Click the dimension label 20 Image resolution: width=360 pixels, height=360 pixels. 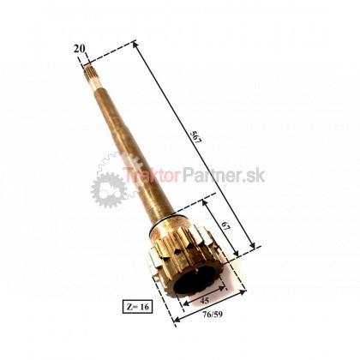[x=79, y=49]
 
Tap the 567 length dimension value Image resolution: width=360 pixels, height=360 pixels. [x=197, y=137]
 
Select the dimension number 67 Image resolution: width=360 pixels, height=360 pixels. [x=226, y=226]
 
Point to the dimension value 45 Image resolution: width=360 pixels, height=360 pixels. [x=205, y=301]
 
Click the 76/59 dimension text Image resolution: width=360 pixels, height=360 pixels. [x=213, y=315]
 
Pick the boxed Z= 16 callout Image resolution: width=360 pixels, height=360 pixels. [x=137, y=307]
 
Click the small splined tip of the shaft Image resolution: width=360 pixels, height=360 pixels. [x=90, y=76]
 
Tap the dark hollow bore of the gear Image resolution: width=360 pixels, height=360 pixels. [x=195, y=279]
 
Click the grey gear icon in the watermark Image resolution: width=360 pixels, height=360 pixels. [x=110, y=190]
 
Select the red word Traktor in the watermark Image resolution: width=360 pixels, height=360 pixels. [x=152, y=175]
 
